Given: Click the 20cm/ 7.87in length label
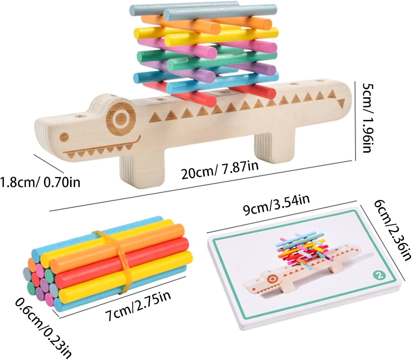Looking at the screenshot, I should (x=220, y=170).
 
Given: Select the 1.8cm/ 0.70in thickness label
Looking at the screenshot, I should (x=40, y=182).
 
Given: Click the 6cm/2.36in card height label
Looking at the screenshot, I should (x=392, y=229).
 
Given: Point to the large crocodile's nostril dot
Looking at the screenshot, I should (x=64, y=137).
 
